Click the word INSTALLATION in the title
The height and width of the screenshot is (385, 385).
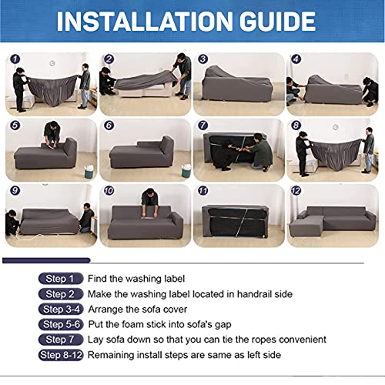click(x=145, y=22)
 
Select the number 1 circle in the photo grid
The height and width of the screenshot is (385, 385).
click(x=15, y=59)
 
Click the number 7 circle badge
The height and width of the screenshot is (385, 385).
click(x=203, y=126)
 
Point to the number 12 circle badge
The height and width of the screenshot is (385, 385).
click(x=296, y=191)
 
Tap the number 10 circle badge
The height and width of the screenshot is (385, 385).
click(x=109, y=191)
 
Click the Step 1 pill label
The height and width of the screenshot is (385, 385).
click(x=61, y=279)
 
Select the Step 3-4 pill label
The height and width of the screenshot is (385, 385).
click(x=61, y=310)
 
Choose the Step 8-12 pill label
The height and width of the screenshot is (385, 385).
click(x=61, y=355)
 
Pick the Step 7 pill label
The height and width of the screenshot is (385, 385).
click(x=61, y=340)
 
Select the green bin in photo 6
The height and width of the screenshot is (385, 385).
click(x=186, y=171)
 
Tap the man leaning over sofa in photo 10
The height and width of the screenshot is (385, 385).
click(x=149, y=202)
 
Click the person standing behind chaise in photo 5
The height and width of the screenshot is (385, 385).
click(x=52, y=134)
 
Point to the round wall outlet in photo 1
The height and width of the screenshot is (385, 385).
click(x=52, y=63)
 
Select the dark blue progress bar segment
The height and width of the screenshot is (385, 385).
click(x=46, y=260)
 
